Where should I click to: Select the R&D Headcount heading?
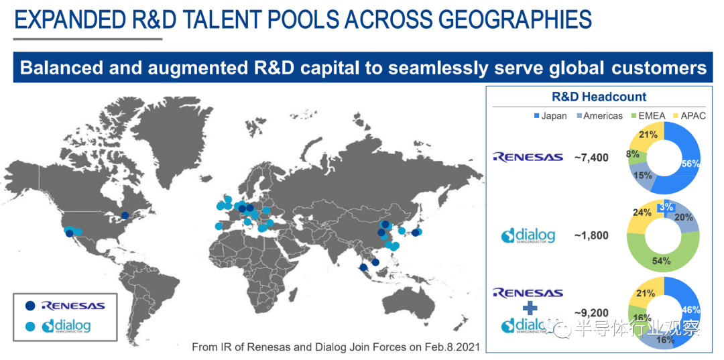point(599,97)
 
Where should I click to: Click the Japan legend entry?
point(550,116)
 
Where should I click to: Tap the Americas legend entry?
point(599,116)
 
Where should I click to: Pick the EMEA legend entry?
point(648,116)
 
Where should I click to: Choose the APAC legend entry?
point(689,116)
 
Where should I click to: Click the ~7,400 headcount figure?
point(591,158)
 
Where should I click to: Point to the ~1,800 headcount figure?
point(591,235)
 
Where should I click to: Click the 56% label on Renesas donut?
point(690,164)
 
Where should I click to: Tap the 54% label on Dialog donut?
point(661,261)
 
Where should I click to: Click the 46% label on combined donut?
point(690,310)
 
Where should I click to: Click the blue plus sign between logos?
point(528,307)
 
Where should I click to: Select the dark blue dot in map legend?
point(30,306)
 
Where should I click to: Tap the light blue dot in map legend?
point(30,326)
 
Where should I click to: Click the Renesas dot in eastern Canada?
point(125,215)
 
